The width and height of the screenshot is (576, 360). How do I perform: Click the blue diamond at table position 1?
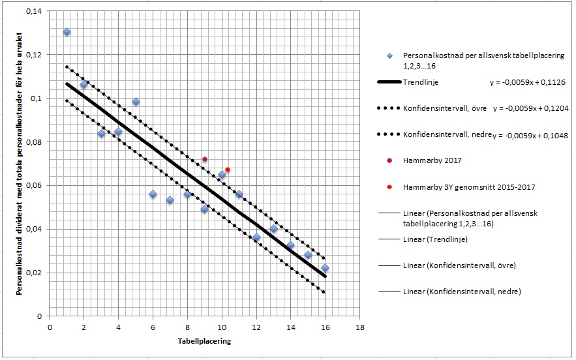tap(67, 32)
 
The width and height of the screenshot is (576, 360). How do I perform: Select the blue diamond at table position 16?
tap(325, 268)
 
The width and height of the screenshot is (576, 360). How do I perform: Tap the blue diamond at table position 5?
tap(136, 102)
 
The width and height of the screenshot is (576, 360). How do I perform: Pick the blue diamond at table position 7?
tap(170, 200)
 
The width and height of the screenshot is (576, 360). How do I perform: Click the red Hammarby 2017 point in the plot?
tap(204, 159)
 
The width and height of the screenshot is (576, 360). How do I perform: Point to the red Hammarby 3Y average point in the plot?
tap(228, 170)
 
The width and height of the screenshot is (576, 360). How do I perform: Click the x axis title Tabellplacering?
tap(204, 341)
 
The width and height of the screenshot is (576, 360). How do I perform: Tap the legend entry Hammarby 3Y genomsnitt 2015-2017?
tap(469, 187)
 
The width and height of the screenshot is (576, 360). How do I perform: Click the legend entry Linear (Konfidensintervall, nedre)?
tap(462, 292)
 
